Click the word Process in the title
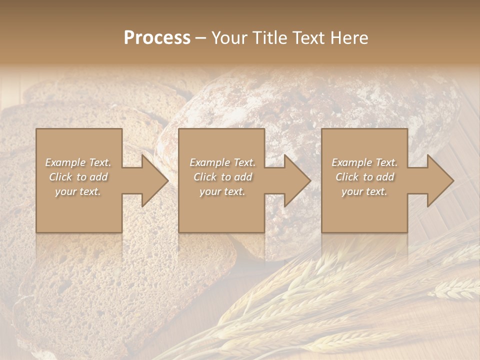157,37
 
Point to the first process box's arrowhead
152,180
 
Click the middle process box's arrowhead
295,180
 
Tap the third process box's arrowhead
438,180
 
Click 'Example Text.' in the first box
78,162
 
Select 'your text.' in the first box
78,191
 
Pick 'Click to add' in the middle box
222,177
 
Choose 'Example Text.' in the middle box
222,162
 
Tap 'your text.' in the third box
364,191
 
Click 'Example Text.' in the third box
364,162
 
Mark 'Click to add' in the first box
78,177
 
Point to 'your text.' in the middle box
222,191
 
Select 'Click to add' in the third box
364,177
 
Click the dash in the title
201,37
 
